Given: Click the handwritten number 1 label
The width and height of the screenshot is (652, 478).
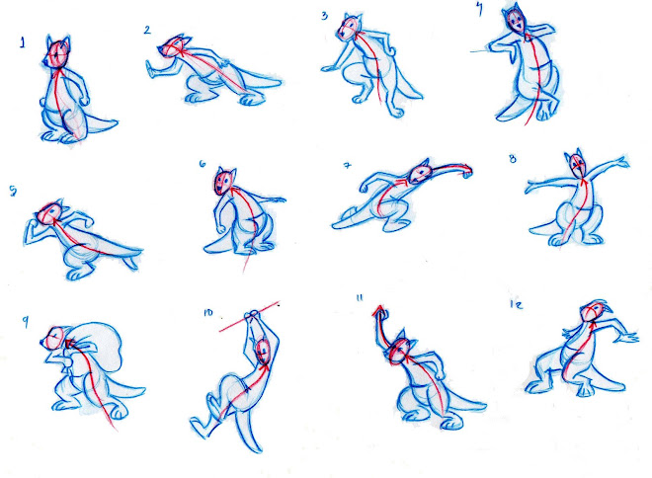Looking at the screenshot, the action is [x=23, y=42].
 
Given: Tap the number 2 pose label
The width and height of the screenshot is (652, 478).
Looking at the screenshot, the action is [x=147, y=30].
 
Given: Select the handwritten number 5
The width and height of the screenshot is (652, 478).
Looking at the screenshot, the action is [x=13, y=192].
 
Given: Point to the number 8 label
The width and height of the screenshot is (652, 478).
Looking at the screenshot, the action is [x=513, y=158].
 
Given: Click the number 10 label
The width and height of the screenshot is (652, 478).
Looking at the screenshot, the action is [x=207, y=312].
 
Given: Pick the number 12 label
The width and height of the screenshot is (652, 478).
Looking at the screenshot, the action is [x=516, y=304].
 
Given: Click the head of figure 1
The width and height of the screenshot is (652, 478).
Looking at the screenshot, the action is [x=58, y=52].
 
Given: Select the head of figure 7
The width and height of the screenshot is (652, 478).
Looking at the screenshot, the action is [x=420, y=173].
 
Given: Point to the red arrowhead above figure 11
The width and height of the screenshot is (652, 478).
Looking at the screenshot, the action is [x=378, y=310].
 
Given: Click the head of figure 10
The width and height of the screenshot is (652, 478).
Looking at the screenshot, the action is [x=263, y=352].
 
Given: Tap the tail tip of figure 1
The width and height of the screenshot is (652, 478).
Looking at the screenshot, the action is [x=116, y=121].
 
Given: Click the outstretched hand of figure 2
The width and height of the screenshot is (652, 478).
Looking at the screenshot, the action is [x=151, y=69].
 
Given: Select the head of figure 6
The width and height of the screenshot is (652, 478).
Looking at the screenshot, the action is [x=223, y=181].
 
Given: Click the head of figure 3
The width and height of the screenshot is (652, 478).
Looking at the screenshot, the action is [x=349, y=28].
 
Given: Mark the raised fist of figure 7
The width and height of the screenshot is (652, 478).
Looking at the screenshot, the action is [x=466, y=171].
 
